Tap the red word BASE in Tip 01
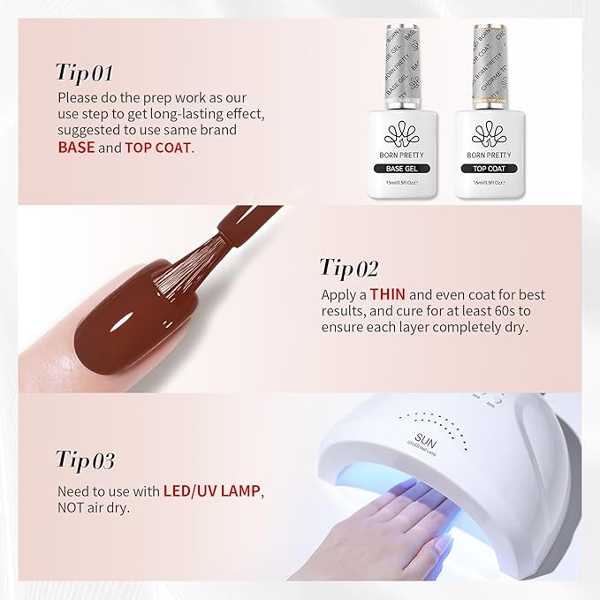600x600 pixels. [x=76, y=148]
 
